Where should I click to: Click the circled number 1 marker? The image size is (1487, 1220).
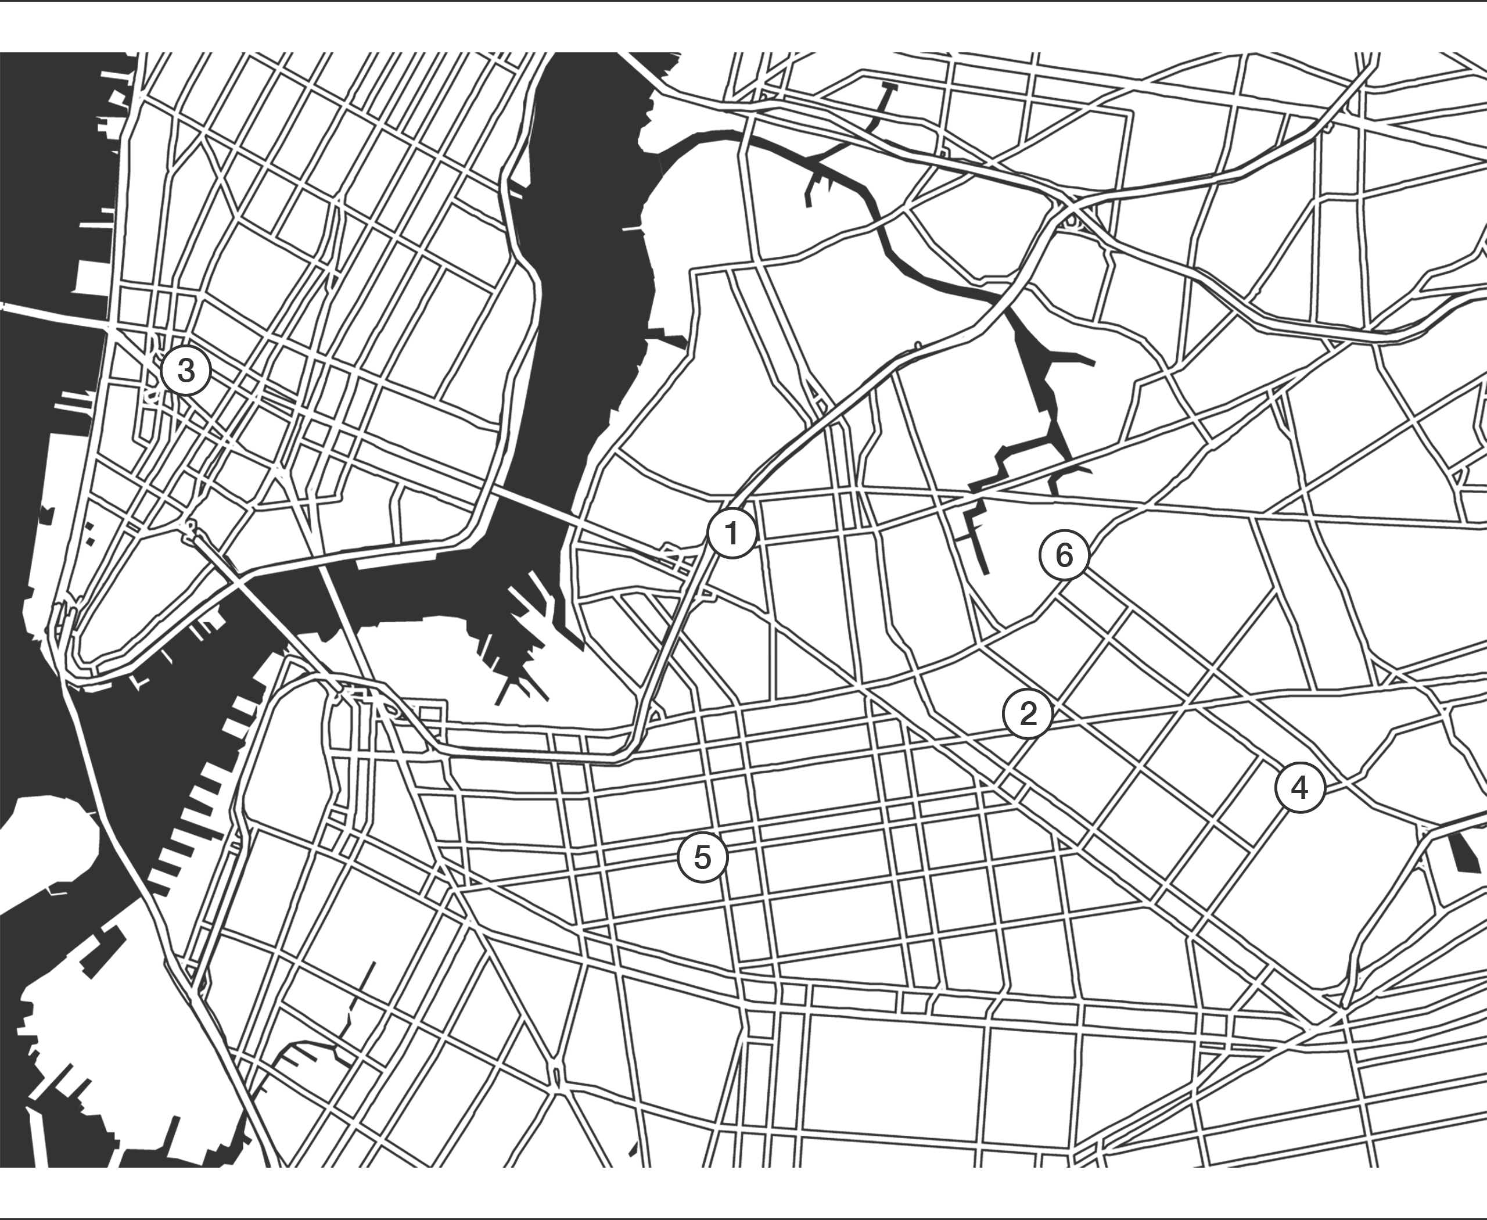(731, 534)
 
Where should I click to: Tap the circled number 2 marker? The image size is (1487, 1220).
(1028, 714)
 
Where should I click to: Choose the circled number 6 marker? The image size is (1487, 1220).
(1065, 556)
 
